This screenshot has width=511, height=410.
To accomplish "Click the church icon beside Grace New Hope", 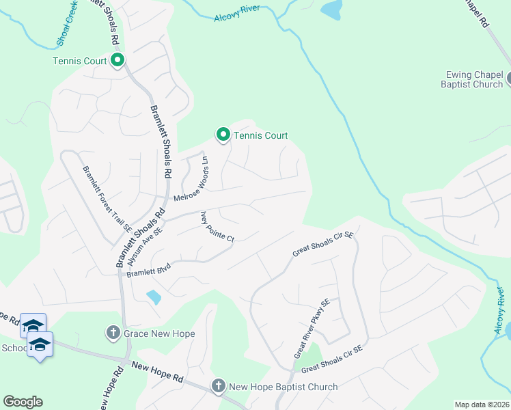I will tap(113, 333).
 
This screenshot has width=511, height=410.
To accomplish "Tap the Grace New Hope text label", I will tap(159, 334).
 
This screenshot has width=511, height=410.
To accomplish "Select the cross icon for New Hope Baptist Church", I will tap(218, 387).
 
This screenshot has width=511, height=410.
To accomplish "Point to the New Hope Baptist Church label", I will tap(283, 387).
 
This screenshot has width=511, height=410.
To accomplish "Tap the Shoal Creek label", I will tap(70, 24).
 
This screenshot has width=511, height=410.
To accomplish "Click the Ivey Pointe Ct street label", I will tap(217, 228).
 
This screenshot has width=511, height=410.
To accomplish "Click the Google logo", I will tap(23, 402).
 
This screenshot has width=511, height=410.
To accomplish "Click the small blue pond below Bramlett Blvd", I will tap(154, 297).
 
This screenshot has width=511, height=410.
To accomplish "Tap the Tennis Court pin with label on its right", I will tap(223, 135).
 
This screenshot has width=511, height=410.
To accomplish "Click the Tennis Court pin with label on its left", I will tap(118, 61).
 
